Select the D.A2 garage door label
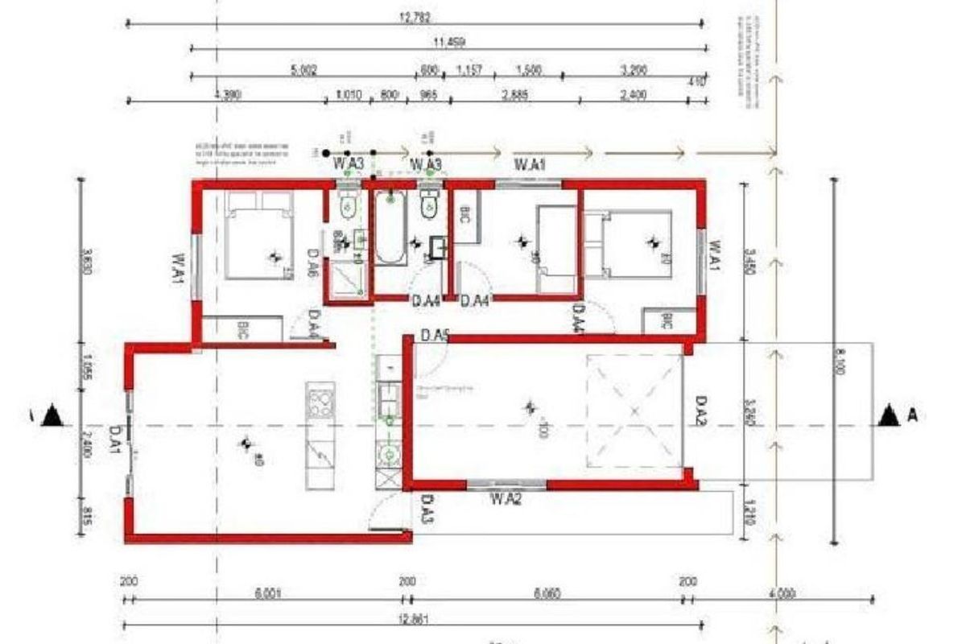click(x=701, y=410)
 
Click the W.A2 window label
click(x=507, y=499)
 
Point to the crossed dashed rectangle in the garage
click(x=634, y=411)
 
